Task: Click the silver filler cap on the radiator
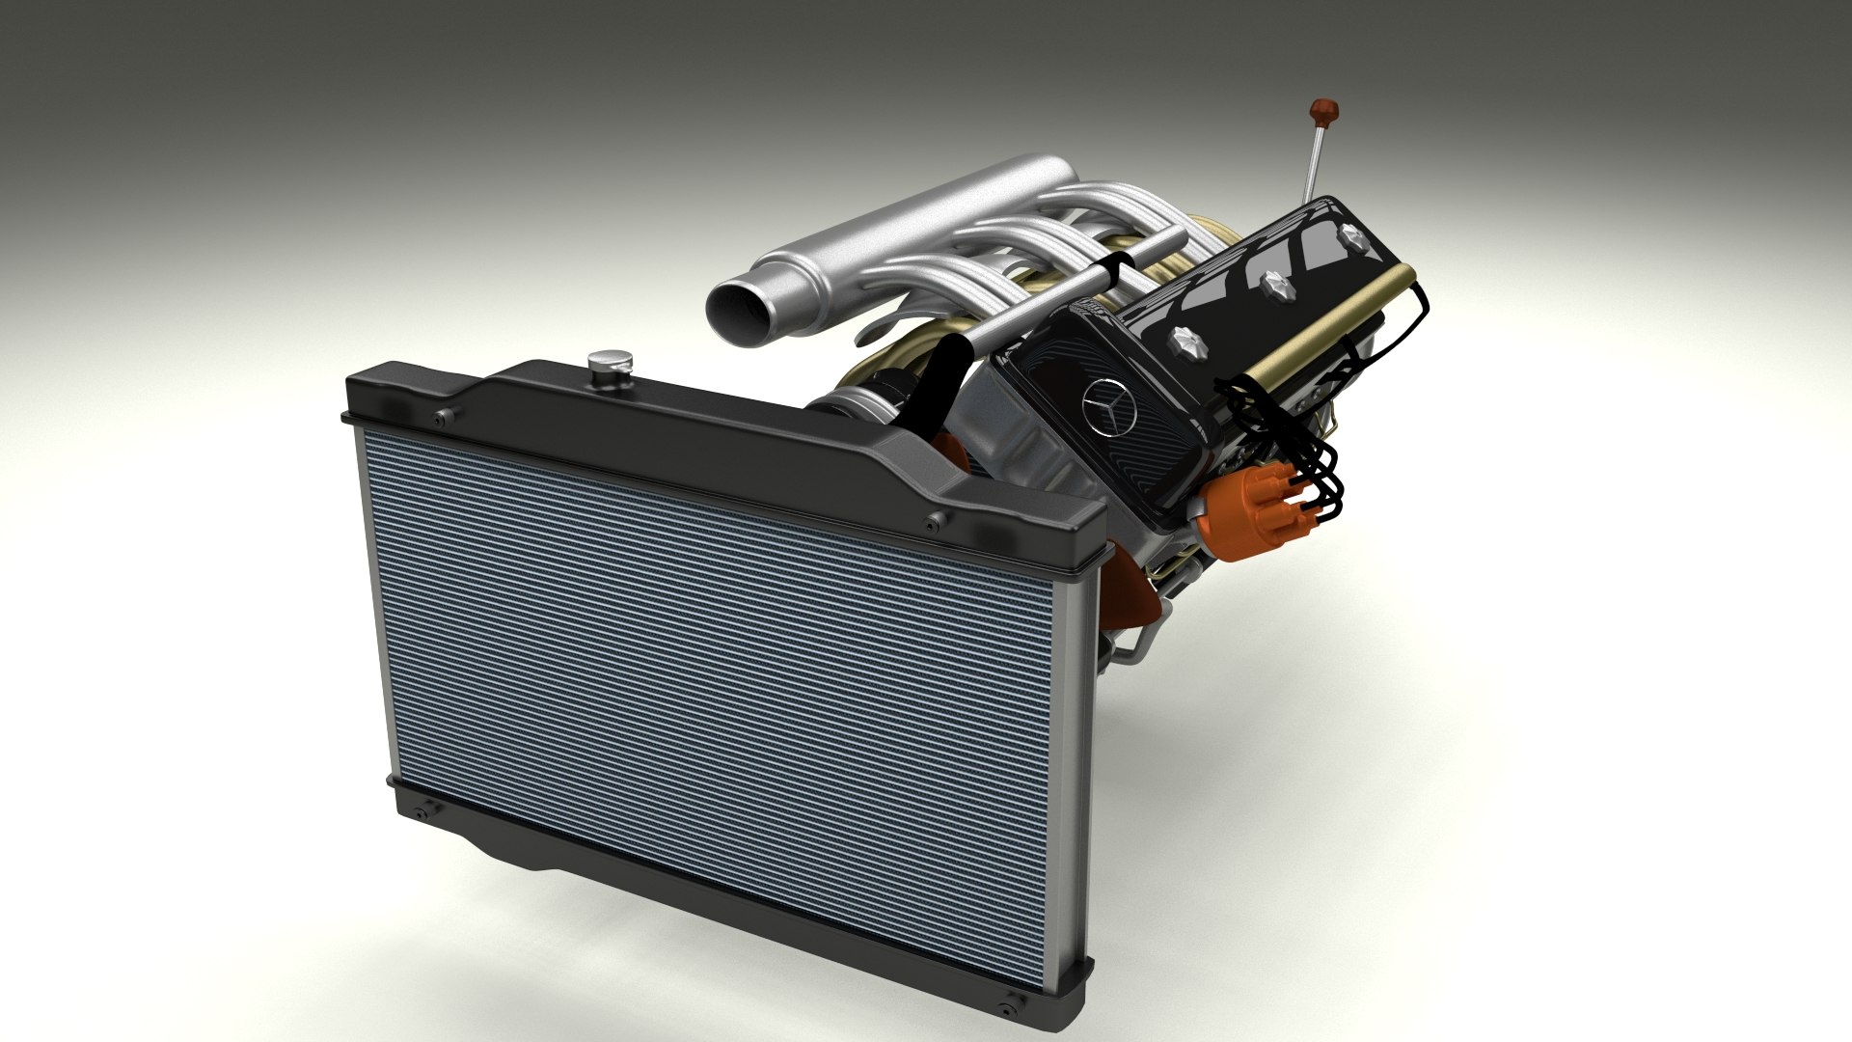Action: pos(611,365)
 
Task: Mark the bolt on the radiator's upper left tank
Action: pos(442,418)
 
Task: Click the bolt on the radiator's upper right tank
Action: pos(932,522)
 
